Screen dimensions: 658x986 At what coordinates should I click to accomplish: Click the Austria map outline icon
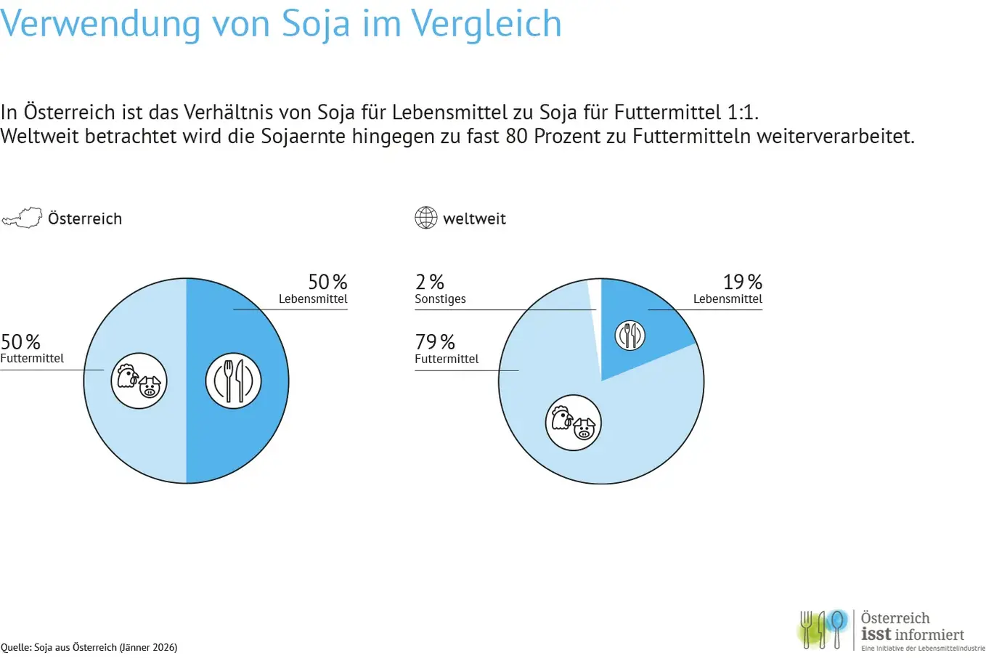(22, 218)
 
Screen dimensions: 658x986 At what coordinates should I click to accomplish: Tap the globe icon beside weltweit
(426, 218)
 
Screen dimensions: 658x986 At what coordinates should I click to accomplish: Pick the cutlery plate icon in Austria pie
(233, 381)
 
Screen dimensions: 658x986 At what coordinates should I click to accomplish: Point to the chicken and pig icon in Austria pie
(139, 381)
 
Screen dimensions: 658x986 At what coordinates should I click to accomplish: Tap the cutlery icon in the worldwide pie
(630, 335)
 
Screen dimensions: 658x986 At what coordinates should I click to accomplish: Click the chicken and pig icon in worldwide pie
(574, 422)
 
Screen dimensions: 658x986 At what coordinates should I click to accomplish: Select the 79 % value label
(435, 341)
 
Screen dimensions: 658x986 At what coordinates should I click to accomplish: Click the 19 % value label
(742, 282)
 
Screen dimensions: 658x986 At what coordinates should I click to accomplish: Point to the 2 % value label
(429, 282)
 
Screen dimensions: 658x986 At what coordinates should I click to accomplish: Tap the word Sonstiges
(440, 299)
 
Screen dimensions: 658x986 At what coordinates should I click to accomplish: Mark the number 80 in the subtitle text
(516, 136)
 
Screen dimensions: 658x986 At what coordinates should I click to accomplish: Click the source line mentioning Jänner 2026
(89, 647)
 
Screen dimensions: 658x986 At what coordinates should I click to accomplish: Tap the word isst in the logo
(876, 634)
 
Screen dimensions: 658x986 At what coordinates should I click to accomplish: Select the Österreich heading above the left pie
(85, 219)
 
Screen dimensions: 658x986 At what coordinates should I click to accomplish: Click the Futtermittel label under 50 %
(32, 359)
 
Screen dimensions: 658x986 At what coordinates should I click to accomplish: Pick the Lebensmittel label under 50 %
(313, 299)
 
